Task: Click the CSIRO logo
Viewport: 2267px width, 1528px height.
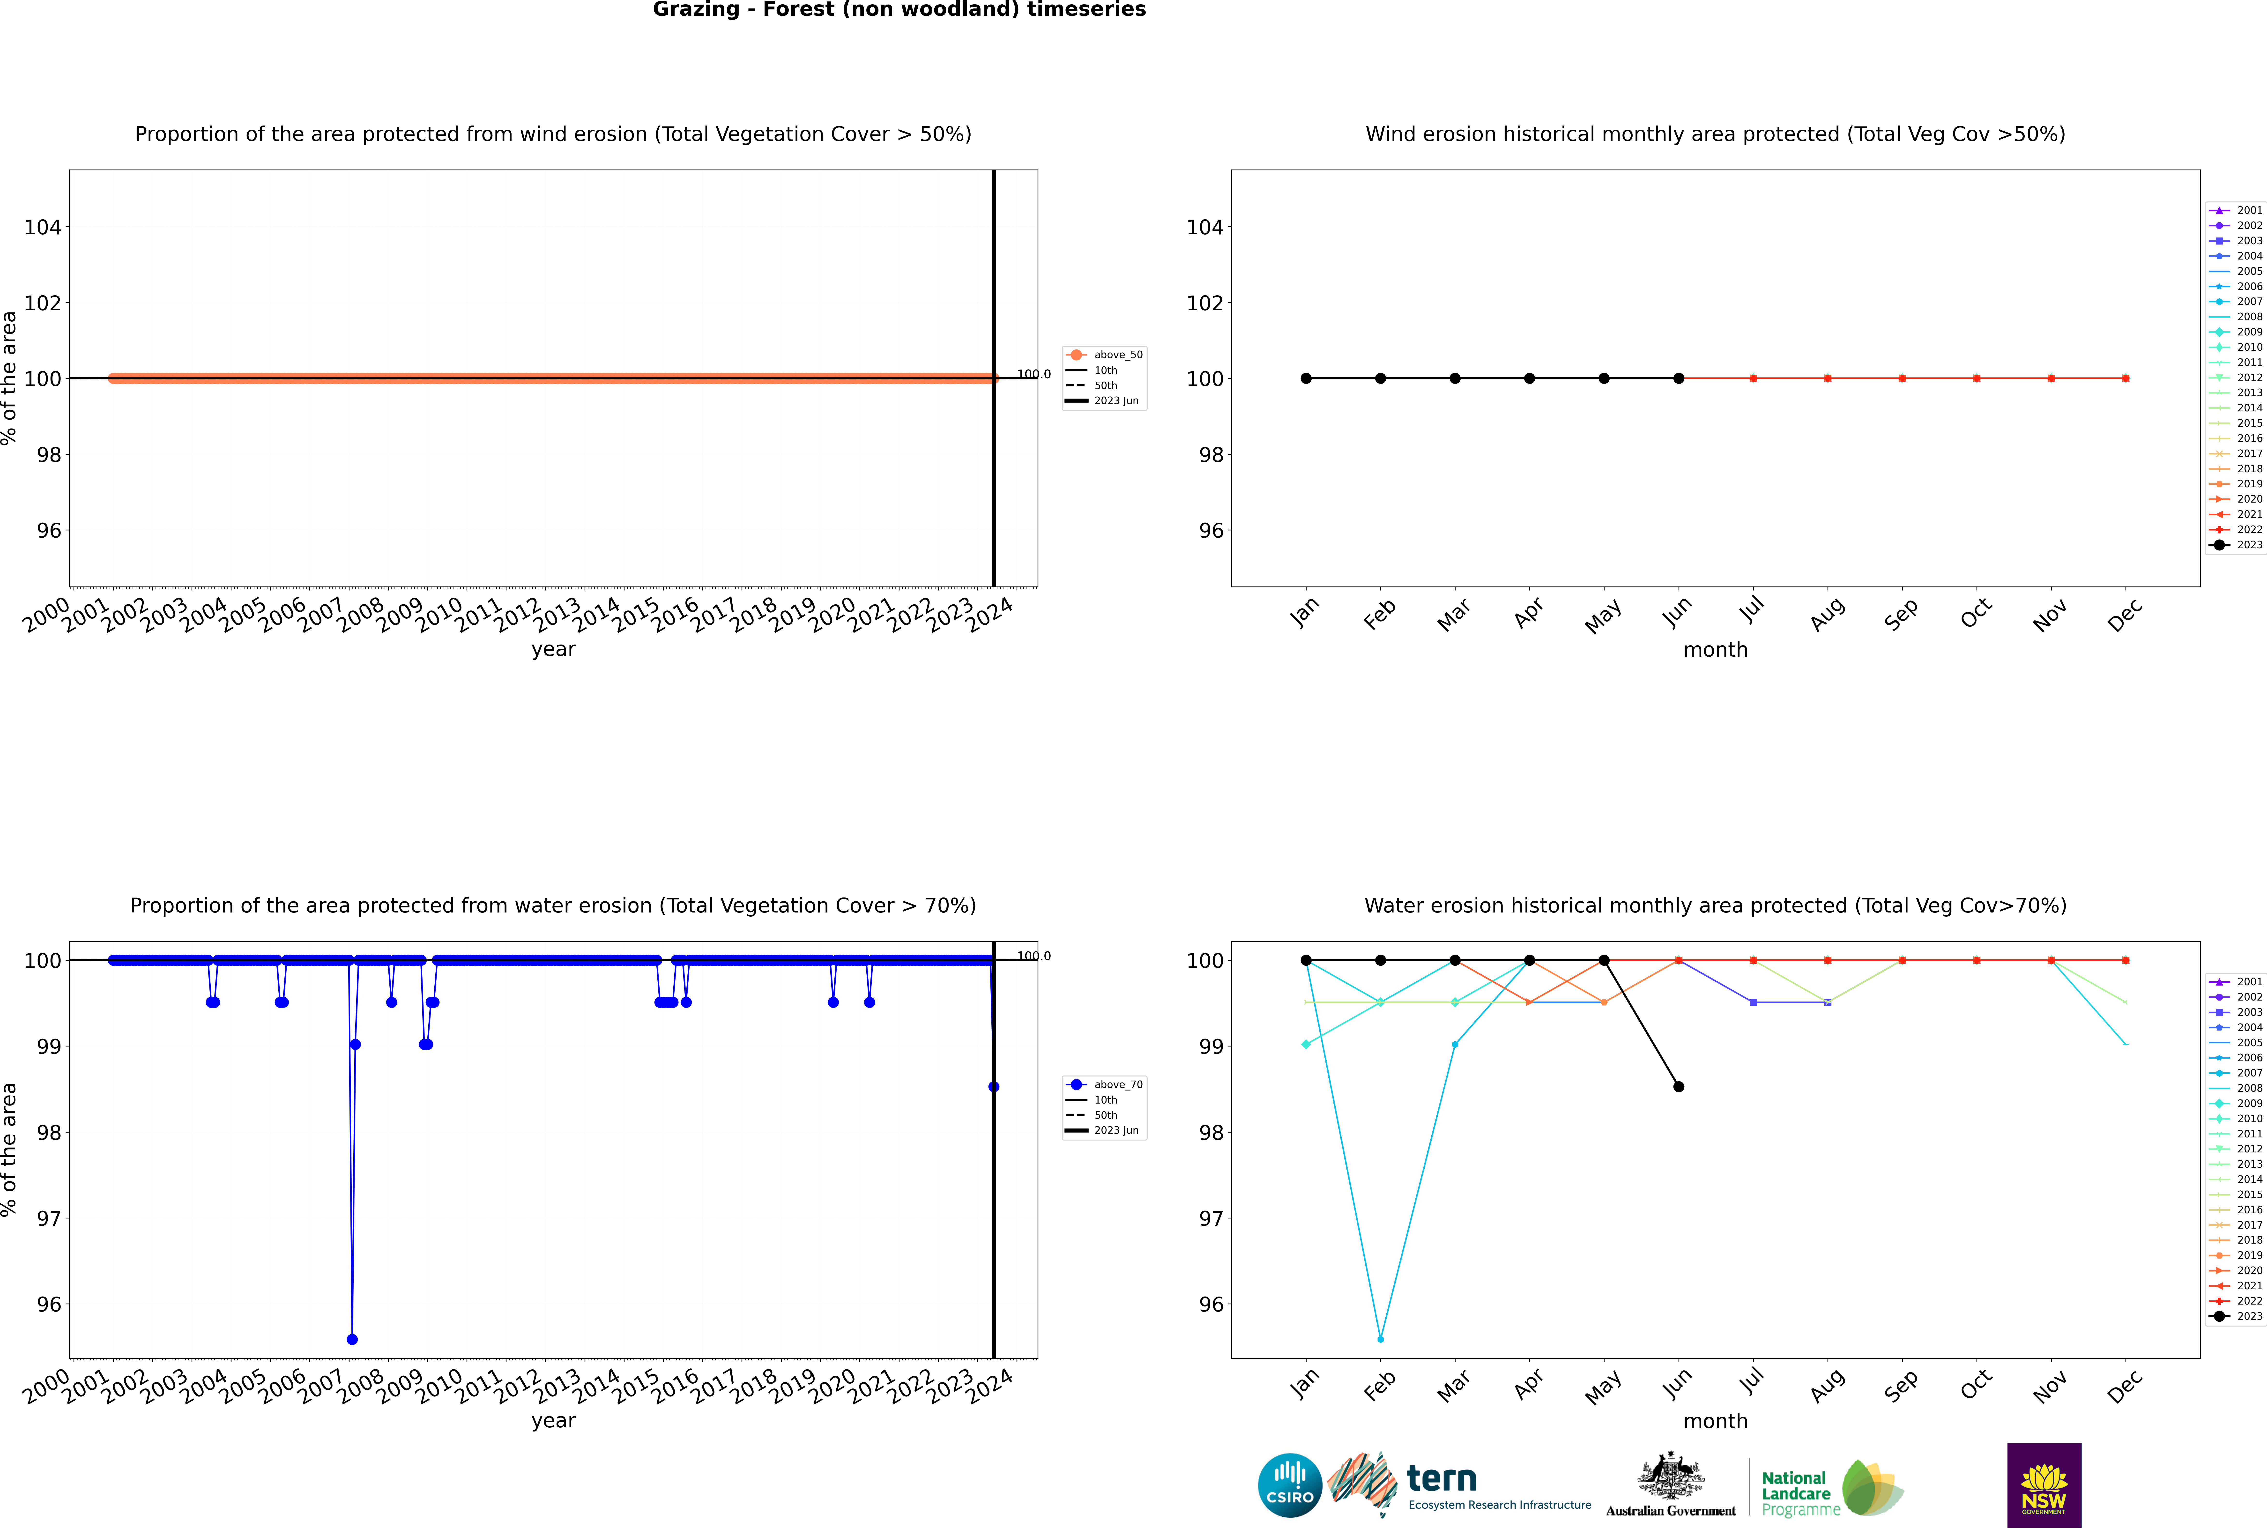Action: click(1289, 1485)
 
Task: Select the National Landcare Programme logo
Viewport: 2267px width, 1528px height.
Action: click(1830, 1488)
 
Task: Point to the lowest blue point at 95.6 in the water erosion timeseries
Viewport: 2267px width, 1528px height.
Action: click(352, 1339)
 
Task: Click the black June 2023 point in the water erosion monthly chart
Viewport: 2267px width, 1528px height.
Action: click(1678, 1087)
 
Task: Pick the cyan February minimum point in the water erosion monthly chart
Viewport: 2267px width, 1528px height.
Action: click(1380, 1339)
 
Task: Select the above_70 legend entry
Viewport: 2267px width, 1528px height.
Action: click(1104, 1085)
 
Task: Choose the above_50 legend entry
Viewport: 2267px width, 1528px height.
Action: click(1104, 355)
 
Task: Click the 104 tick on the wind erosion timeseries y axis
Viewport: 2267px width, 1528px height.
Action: click(42, 227)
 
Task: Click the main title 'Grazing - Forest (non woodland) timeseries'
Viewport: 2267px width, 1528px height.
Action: click(899, 10)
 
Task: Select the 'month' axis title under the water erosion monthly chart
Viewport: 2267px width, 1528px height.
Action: click(1715, 1421)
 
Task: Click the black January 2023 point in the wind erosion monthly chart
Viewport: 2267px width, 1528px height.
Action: click(1306, 378)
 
